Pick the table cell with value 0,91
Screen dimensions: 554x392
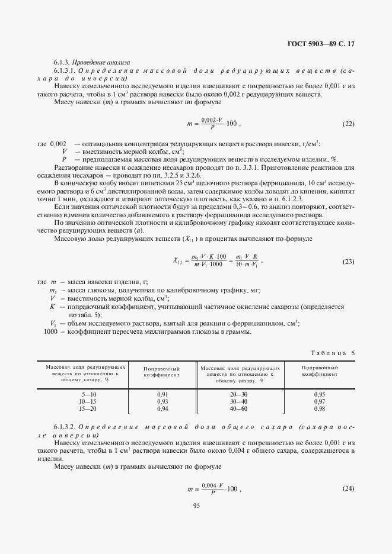pos(162,394)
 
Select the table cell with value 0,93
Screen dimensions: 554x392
pos(162,401)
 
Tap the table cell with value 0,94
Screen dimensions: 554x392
pos(162,408)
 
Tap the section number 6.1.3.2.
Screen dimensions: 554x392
pos(65,427)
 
